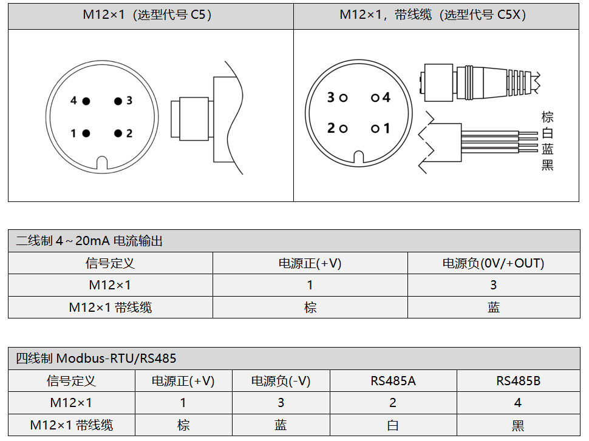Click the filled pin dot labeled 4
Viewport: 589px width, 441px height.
pyautogui.click(x=86, y=101)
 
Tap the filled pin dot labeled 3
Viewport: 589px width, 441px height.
pyautogui.click(x=118, y=101)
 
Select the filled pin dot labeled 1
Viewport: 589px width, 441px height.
pyautogui.click(x=86, y=133)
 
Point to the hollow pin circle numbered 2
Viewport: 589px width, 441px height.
pyautogui.click(x=343, y=129)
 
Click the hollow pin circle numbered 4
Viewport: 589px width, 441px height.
pyautogui.click(x=375, y=98)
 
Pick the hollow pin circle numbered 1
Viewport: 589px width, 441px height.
pyautogui.click(x=375, y=129)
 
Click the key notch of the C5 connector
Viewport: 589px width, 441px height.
pyautogui.click(x=102, y=163)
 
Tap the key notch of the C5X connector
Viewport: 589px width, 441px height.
pyautogui.click(x=359, y=157)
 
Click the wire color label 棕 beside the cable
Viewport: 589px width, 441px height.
pyautogui.click(x=547, y=117)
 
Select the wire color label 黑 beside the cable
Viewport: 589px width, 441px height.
pyautogui.click(x=547, y=164)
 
